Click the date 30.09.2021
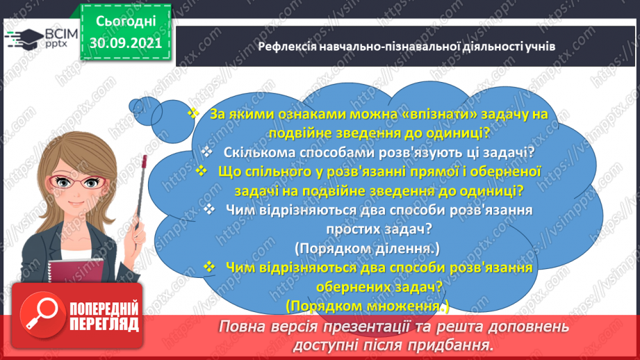[x=124, y=43]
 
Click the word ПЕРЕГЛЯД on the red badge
[x=104, y=324]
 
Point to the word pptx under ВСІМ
[x=56, y=45]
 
